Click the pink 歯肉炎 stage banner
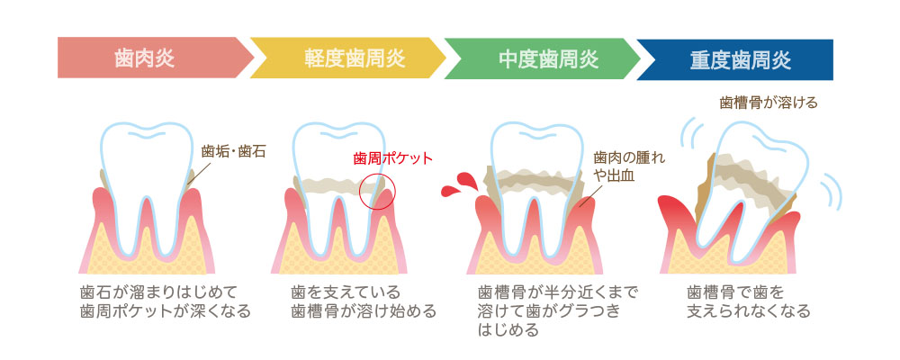click(x=155, y=58)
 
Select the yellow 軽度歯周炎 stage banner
click(x=348, y=58)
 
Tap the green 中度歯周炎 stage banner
click(x=543, y=58)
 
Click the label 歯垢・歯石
click(x=233, y=152)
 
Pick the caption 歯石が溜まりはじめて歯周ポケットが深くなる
click(x=165, y=301)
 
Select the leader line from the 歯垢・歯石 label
click(x=194, y=175)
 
